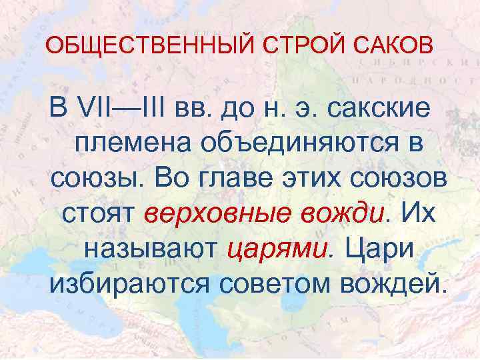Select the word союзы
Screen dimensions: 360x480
point(97,178)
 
